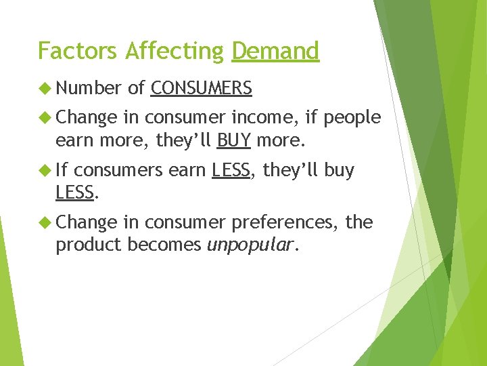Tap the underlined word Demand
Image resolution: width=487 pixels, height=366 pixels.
pyautogui.click(x=275, y=51)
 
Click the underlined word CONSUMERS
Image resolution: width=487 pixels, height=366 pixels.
pyautogui.click(x=202, y=88)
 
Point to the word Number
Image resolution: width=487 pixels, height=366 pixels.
pyautogui.click(x=88, y=88)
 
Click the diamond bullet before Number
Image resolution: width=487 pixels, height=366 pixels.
pyautogui.click(x=45, y=88)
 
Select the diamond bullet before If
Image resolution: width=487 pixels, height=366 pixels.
pyautogui.click(x=45, y=170)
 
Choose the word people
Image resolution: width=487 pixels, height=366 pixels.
pyautogui.click(x=352, y=117)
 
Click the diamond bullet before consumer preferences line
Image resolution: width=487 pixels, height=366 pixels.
pyautogui.click(x=45, y=222)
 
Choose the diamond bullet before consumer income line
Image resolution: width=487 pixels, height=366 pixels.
pyautogui.click(x=45, y=117)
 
